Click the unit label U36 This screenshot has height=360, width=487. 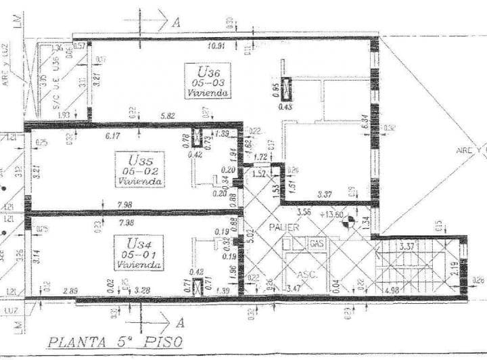pos(208,71)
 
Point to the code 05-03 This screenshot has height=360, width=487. pos(208,83)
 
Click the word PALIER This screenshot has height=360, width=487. pos(287,227)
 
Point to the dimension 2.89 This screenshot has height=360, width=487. pos(70,291)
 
